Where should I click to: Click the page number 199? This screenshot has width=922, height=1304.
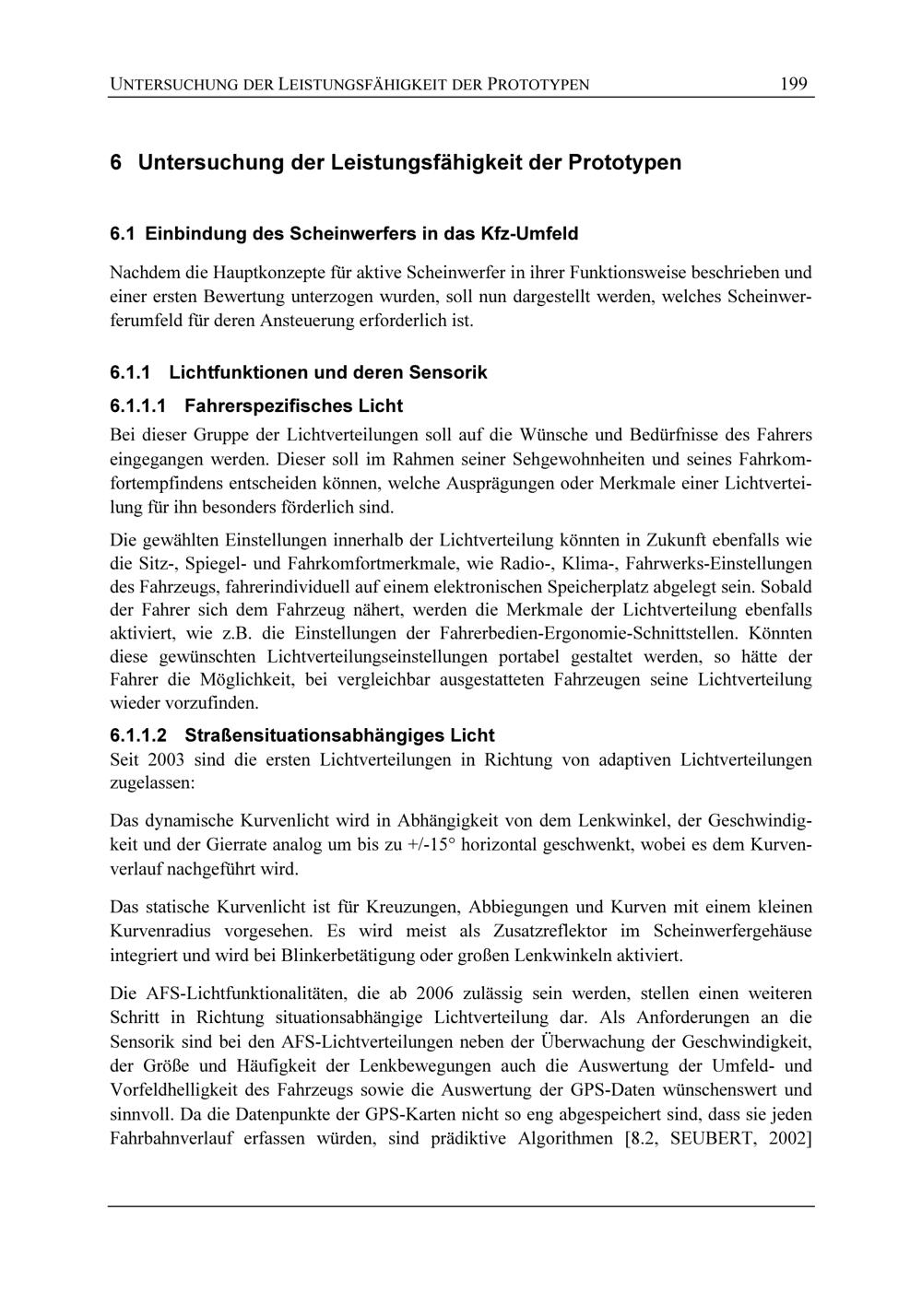793,85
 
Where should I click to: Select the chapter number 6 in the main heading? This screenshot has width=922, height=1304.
116,163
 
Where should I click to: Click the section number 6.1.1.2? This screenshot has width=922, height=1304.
139,735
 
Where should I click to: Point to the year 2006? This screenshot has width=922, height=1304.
434,994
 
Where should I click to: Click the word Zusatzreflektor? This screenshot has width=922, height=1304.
560,932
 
